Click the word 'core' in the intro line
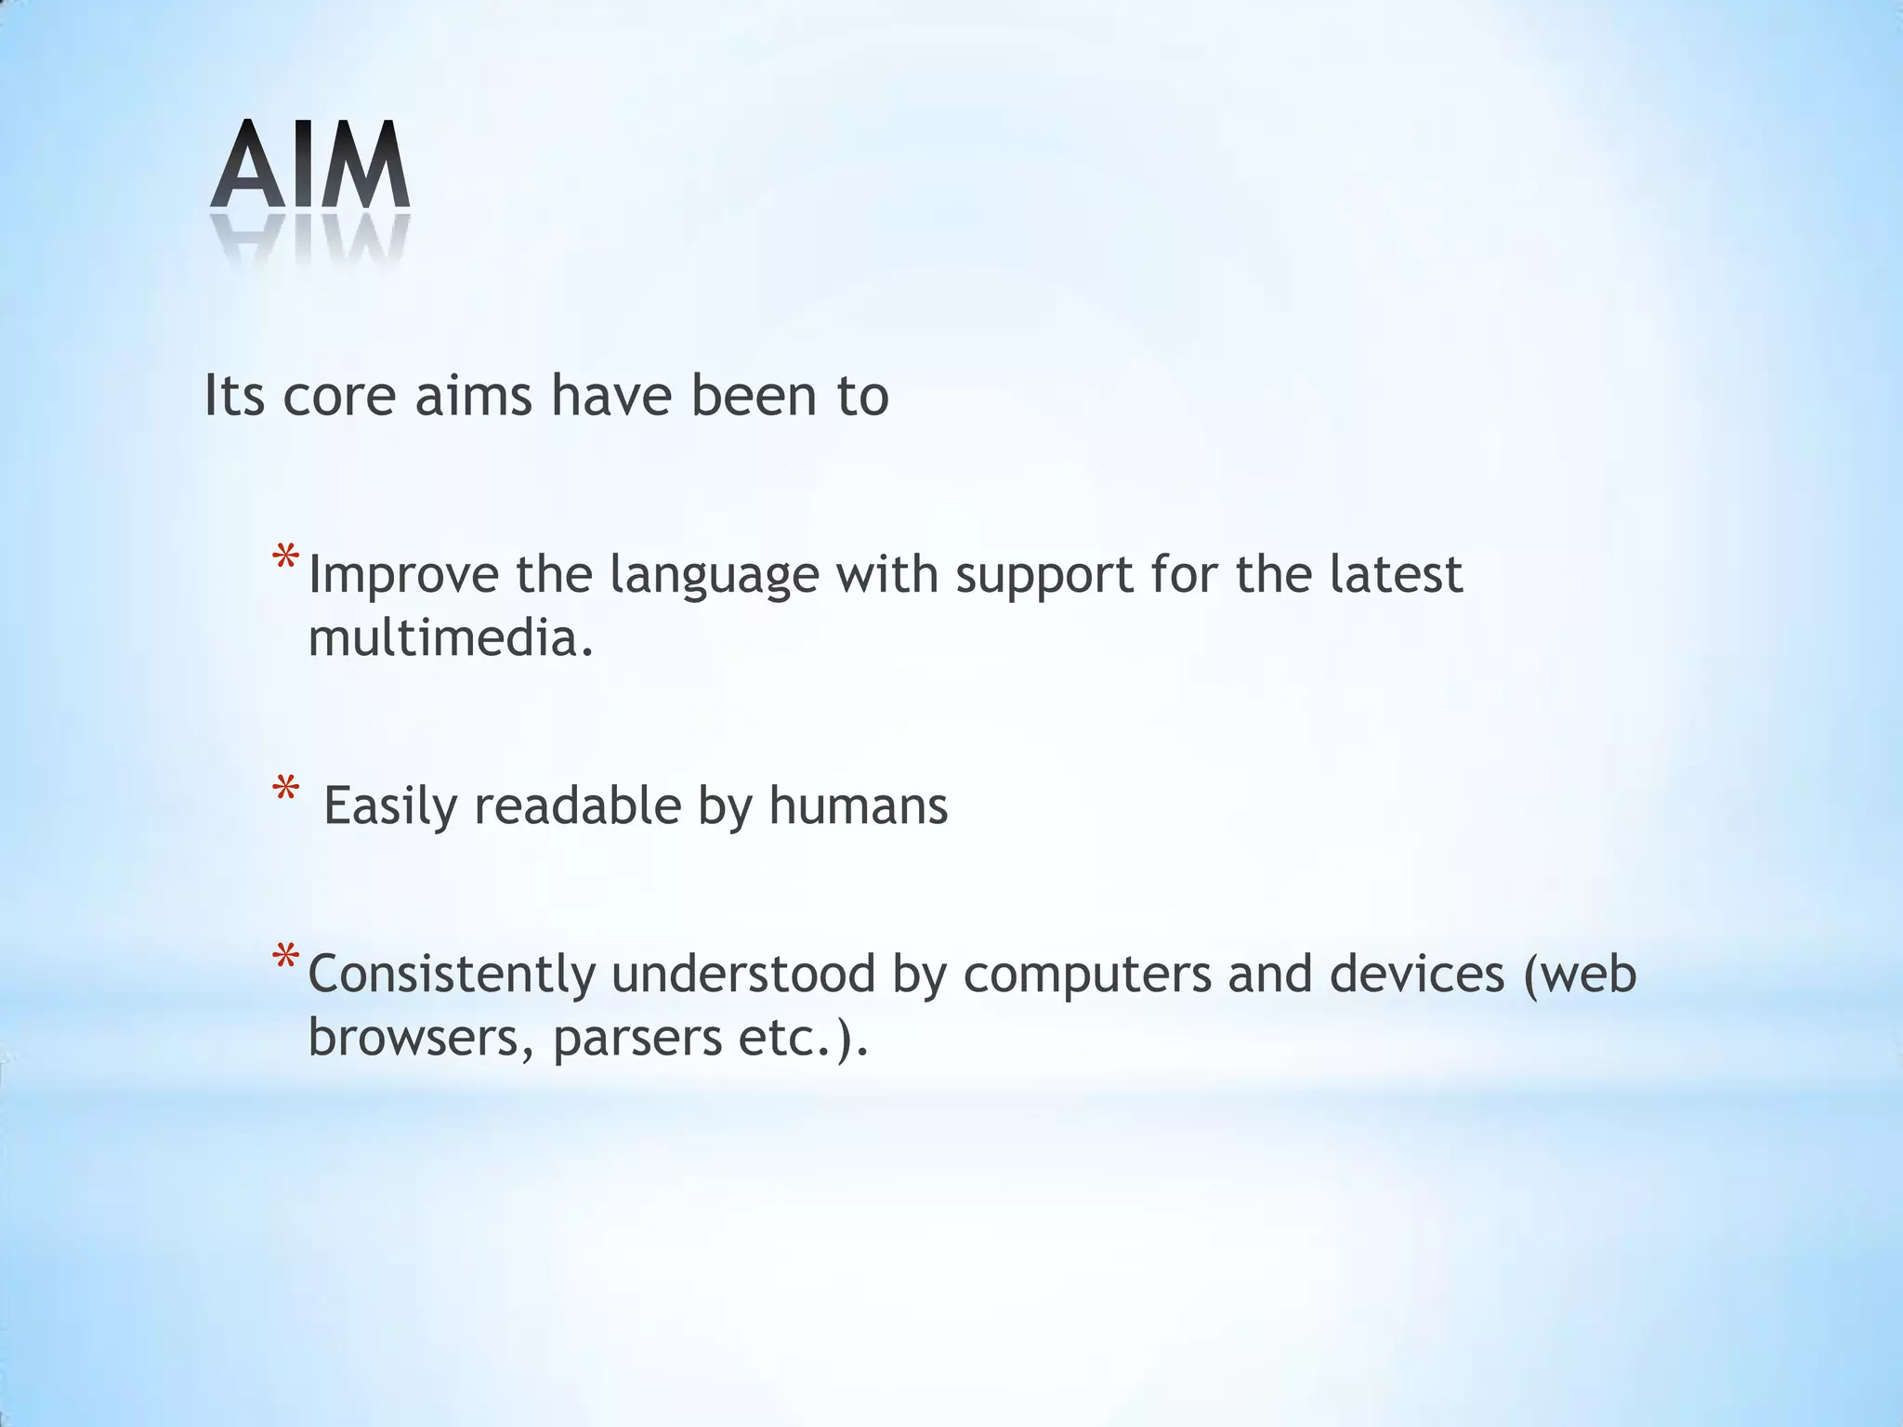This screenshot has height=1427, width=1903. pos(339,396)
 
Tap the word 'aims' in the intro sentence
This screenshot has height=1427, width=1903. pos(473,396)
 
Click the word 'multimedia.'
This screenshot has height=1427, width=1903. pos(450,639)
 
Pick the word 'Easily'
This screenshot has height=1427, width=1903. pos(389,806)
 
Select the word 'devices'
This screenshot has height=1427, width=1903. pos(1416,974)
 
